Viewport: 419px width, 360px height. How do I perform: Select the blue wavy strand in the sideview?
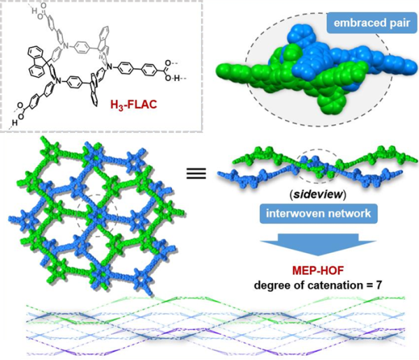click(244, 178)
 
